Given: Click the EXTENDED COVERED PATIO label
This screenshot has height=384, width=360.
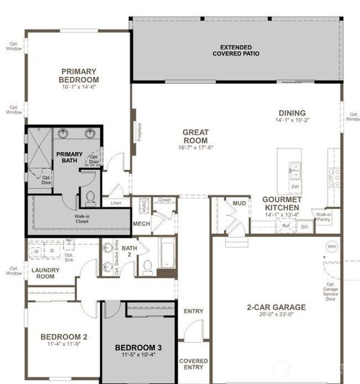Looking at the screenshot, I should pyautogui.click(x=235, y=50).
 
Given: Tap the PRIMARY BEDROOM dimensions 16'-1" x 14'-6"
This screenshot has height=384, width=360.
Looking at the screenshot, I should pyautogui.click(x=79, y=86).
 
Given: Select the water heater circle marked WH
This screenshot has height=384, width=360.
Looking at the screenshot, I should pyautogui.click(x=331, y=246).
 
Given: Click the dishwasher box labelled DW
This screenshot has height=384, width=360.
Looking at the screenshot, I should pyautogui.click(x=295, y=186).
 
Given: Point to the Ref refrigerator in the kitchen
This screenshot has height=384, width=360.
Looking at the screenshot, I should pyautogui.click(x=286, y=226).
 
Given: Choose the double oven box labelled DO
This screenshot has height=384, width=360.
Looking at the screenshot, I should pyautogui.click(x=304, y=226).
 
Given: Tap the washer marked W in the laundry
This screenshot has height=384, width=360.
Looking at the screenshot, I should pyautogui.click(x=36, y=251).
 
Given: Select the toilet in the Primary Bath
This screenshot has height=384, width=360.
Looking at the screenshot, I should pyautogui.click(x=91, y=197).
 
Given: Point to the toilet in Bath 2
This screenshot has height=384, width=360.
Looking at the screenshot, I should pyautogui.click(x=147, y=267).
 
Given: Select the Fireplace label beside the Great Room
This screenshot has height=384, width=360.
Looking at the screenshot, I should pyautogui.click(x=139, y=133).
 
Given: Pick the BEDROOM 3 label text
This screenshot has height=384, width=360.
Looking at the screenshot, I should pyautogui.click(x=138, y=348).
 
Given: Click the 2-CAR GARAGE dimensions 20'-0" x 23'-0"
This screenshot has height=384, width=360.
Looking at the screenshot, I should pyautogui.click(x=276, y=315).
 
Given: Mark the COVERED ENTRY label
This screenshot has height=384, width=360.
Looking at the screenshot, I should pyautogui.click(x=193, y=364).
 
